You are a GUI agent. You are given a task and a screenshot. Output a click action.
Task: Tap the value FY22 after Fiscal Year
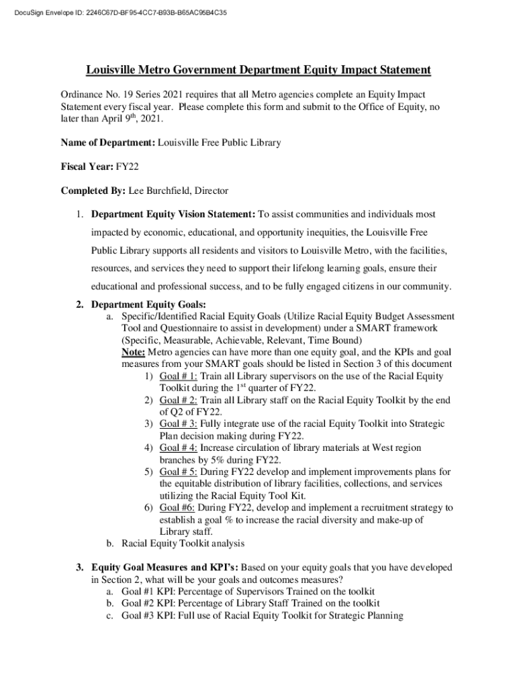point(128,167)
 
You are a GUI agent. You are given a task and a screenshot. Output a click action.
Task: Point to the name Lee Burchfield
point(159,191)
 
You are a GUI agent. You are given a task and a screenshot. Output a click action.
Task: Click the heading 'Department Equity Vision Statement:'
point(173,215)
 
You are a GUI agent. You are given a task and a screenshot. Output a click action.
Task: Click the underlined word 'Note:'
point(133,352)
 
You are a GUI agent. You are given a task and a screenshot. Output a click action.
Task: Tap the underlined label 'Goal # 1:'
point(178,376)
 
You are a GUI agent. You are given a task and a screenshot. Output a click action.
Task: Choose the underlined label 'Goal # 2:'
point(178,401)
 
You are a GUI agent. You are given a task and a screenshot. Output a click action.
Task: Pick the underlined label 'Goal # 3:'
point(178,425)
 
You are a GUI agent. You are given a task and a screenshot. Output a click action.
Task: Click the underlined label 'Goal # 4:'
point(178,448)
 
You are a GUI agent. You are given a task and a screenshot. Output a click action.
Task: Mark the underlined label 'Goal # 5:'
point(178,472)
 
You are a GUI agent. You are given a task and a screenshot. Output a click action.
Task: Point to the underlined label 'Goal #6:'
point(177,508)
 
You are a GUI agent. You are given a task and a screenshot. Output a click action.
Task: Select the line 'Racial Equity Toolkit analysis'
point(183,543)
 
